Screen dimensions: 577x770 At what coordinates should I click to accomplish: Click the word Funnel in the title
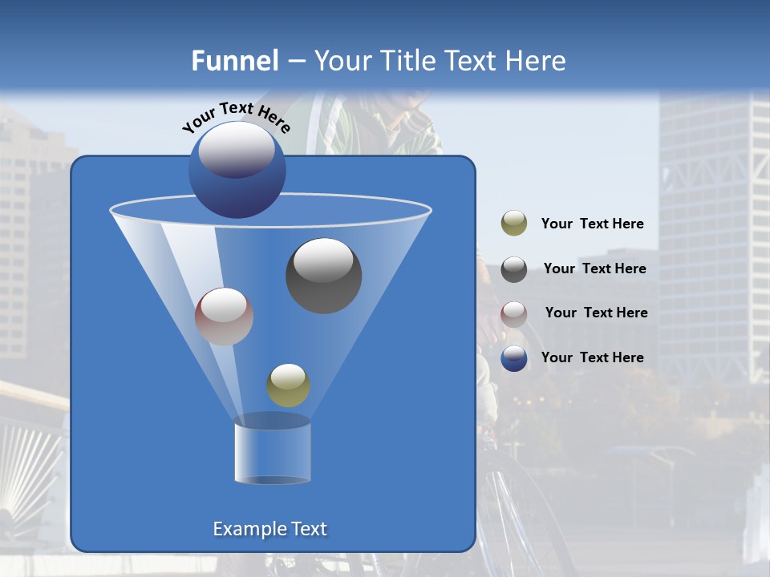click(x=234, y=61)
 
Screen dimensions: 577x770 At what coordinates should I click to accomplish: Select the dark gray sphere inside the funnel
click(x=323, y=276)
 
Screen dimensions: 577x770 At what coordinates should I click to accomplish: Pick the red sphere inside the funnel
click(x=224, y=317)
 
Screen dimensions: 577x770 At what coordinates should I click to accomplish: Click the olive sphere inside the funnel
click(x=288, y=385)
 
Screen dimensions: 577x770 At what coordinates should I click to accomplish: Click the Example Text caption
click(x=269, y=529)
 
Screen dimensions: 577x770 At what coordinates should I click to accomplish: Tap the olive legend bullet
click(x=514, y=224)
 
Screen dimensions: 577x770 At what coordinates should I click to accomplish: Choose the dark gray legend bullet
click(x=514, y=268)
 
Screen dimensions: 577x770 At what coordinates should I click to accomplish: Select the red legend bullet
click(x=514, y=313)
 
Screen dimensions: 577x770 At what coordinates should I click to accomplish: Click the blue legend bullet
click(x=514, y=358)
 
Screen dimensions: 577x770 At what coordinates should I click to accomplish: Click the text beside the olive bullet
click(x=592, y=224)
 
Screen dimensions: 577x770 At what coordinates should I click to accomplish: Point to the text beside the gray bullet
click(x=594, y=269)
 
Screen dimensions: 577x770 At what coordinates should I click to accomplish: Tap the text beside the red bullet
click(x=596, y=313)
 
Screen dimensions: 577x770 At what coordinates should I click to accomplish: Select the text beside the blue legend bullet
click(x=592, y=357)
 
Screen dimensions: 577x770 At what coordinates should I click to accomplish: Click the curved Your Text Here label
click(x=237, y=117)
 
